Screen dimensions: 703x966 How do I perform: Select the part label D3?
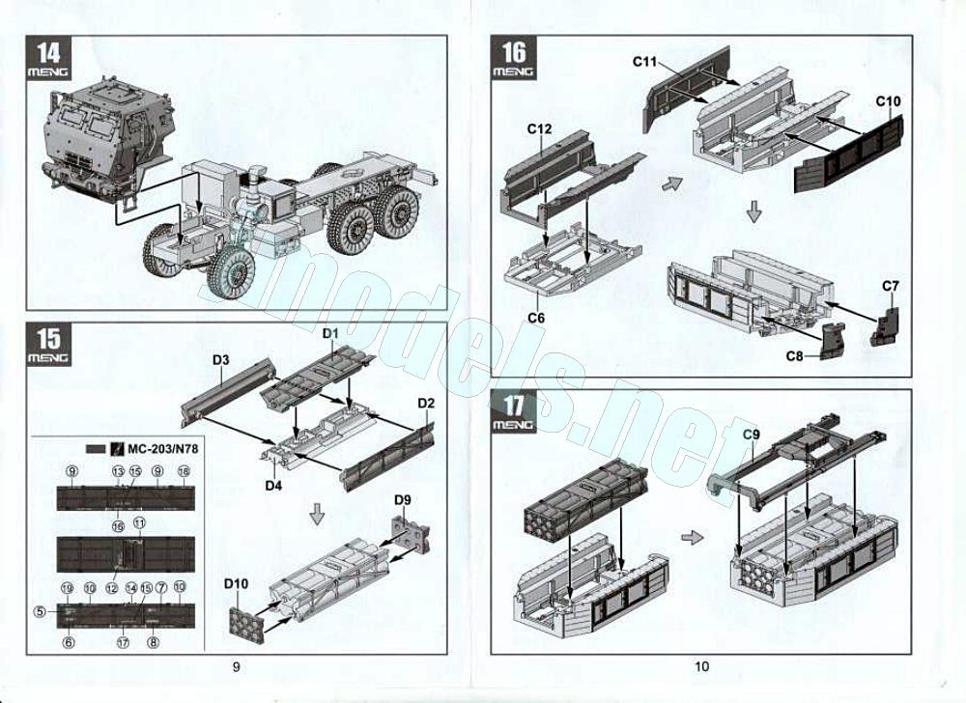pos(220,360)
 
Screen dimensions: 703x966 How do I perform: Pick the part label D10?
pos(237,584)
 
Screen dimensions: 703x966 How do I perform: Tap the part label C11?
pos(645,62)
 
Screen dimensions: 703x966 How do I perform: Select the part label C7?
pos(891,286)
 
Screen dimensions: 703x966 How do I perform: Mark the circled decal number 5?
pos(40,610)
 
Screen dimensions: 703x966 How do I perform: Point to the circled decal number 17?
pos(123,642)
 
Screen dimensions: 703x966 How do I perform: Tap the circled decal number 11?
pos(139,522)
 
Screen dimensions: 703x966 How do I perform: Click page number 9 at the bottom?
pos(236,665)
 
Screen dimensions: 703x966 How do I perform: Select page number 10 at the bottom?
pos(701,665)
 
